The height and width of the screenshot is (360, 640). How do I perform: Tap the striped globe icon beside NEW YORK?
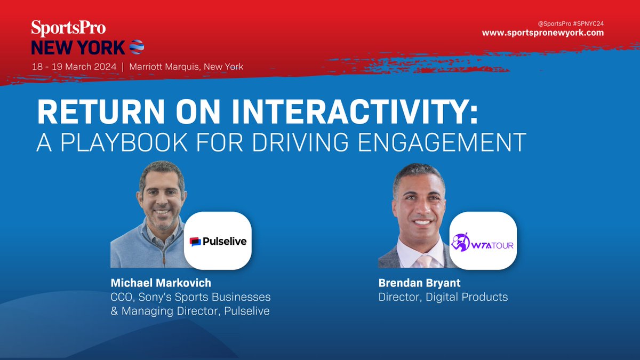(x=137, y=47)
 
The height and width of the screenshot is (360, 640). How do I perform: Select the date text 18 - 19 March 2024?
(x=74, y=67)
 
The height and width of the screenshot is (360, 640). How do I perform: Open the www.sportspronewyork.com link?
(x=543, y=33)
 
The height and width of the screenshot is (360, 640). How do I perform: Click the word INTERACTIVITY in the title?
(x=351, y=113)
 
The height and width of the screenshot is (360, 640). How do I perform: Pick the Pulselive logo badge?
(x=218, y=242)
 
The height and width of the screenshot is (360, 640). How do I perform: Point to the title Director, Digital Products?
(x=443, y=297)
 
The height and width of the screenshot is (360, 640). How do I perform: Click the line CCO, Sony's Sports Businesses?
(x=190, y=297)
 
